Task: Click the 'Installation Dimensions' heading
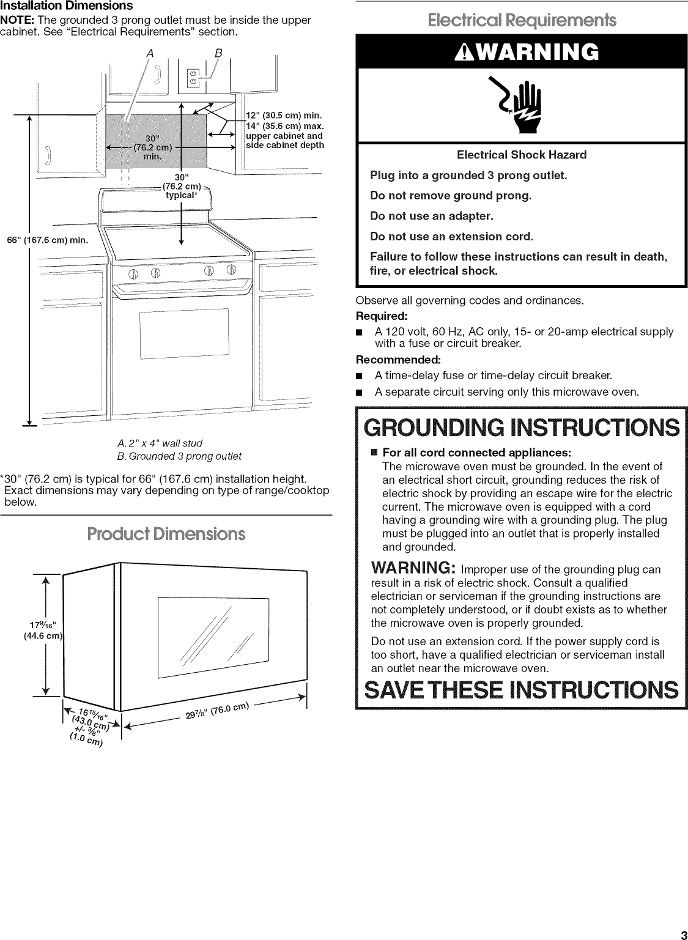coord(67,6)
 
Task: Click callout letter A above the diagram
coord(149,51)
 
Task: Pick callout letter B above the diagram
coord(216,51)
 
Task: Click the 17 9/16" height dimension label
coord(43,625)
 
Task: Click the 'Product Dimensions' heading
coord(166,534)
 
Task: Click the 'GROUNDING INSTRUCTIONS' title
coord(522,426)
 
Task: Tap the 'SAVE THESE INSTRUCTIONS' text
coord(521,690)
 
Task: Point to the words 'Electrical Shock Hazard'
coord(522,155)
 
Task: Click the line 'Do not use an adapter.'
coord(432,216)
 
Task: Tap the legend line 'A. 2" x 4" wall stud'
coord(159,443)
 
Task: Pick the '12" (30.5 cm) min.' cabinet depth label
coord(284,116)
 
